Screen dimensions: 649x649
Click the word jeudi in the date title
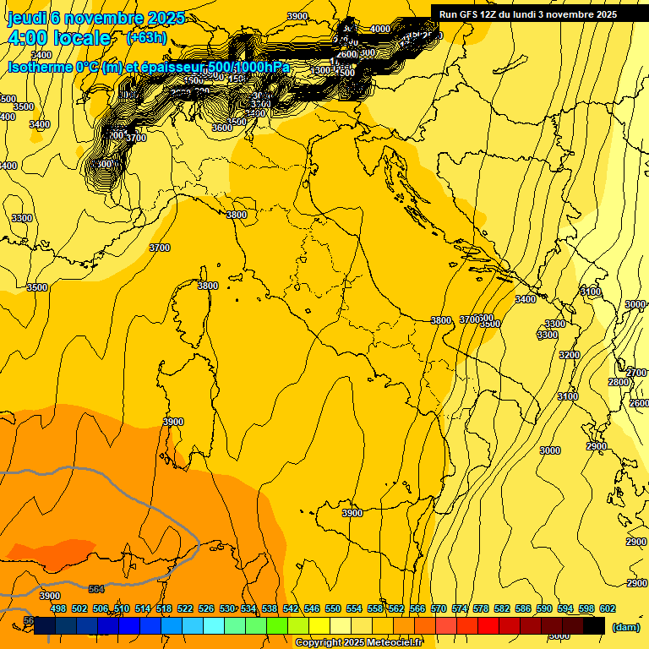[x=27, y=18]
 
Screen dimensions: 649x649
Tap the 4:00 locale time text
[x=59, y=38]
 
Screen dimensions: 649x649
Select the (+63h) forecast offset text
[x=146, y=38]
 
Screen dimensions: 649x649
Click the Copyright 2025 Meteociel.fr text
[x=358, y=643]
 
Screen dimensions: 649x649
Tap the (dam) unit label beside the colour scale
[x=624, y=626]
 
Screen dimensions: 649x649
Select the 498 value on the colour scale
[x=58, y=608]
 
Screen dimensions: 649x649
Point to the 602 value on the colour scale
[x=607, y=608]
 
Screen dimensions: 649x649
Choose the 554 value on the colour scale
[x=354, y=608]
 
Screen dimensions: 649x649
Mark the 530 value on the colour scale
[x=227, y=608]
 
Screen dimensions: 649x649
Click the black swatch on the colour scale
[x=594, y=625]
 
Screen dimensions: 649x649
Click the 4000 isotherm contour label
[x=380, y=29]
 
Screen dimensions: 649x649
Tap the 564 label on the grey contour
[x=96, y=589]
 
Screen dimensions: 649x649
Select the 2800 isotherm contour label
[x=619, y=382]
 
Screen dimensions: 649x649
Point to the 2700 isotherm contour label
[x=636, y=373]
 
